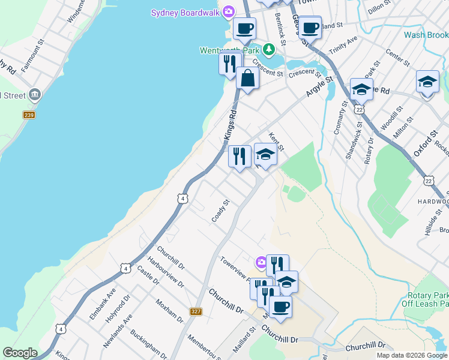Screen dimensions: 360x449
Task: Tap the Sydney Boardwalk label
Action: coord(185,12)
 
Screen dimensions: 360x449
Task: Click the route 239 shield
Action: coord(28,115)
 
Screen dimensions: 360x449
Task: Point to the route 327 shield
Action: coord(196,311)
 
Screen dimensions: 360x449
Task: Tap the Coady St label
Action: coord(221,211)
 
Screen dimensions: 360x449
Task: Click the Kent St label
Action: coord(276,142)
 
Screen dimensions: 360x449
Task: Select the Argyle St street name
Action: coord(319,87)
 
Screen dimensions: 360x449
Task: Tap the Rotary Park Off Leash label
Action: coord(427,300)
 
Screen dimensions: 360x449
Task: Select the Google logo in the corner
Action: coord(20,353)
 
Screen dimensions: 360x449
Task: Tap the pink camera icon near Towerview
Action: coord(261,262)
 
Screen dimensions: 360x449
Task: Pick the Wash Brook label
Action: coord(426,35)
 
